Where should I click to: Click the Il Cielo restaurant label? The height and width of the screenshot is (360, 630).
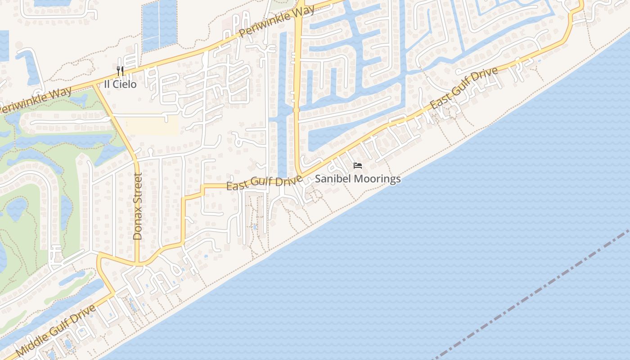pos(120,84)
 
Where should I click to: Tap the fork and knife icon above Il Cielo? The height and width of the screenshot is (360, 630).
pos(120,71)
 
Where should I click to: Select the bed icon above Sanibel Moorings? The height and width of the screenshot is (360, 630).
pos(358,166)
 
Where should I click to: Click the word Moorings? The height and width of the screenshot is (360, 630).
pos(377,179)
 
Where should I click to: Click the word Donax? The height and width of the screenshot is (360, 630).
pos(138,226)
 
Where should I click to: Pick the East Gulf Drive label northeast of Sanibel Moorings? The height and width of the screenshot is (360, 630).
pos(463,88)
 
